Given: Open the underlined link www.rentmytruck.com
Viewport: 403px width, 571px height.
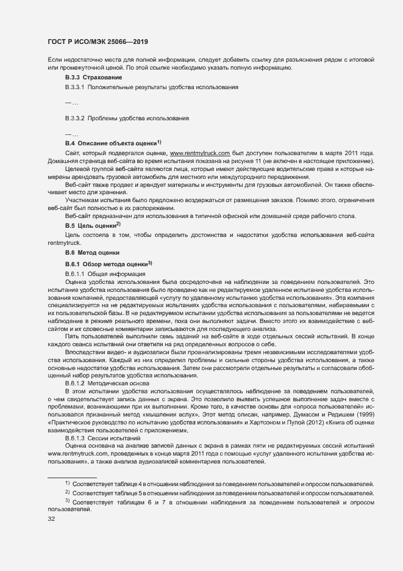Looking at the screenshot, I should point(199,151).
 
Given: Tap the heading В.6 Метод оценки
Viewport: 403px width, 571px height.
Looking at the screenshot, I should point(93,252).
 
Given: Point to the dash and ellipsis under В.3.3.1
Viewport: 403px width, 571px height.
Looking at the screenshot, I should point(71,103).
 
